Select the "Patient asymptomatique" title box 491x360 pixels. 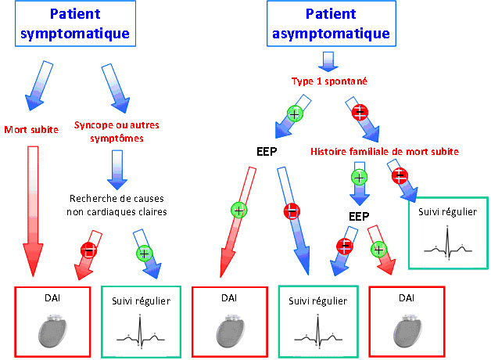coord(328,23)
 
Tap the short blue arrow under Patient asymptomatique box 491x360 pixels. coord(328,61)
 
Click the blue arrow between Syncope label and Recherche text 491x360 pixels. coord(116,167)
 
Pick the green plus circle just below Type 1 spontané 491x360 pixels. coord(295,114)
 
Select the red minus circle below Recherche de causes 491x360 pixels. coord(88,250)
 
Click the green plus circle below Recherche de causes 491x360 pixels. coord(142,252)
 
